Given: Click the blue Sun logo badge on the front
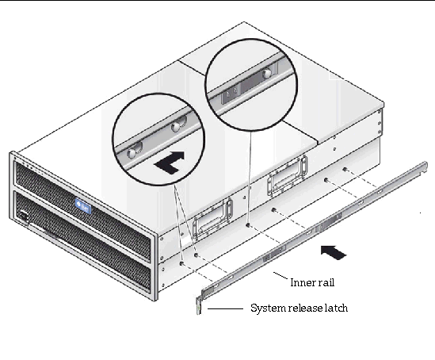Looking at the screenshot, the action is [x=83, y=206].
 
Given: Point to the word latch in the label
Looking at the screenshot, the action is [x=336, y=308].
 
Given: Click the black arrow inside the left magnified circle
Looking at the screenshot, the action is [x=170, y=162].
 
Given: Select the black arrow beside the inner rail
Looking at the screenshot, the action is [x=334, y=252].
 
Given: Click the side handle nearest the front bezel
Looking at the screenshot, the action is [x=212, y=219].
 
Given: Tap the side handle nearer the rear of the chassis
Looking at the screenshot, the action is [x=288, y=175].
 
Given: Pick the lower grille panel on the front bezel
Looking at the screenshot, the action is [x=82, y=239].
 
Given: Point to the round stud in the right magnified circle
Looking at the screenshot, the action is [x=268, y=73].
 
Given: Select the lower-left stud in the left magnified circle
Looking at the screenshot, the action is [x=132, y=152].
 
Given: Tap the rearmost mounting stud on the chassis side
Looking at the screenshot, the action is [x=345, y=169].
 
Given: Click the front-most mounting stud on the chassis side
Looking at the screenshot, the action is [x=181, y=263].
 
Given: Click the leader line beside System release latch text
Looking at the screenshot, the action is [x=225, y=308].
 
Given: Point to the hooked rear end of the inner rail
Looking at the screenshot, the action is [x=424, y=167].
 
